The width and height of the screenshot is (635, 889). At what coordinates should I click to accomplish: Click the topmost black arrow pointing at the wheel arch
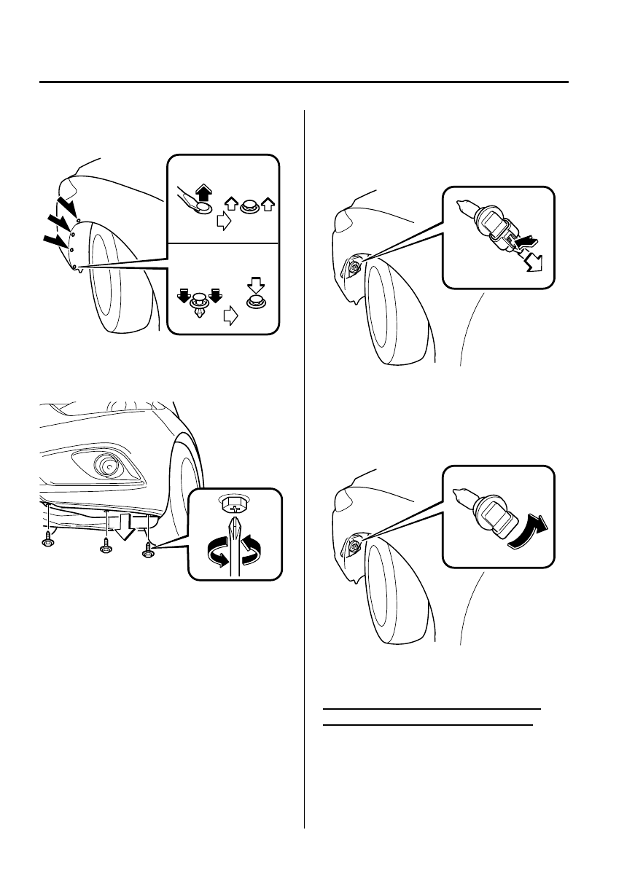tap(68, 197)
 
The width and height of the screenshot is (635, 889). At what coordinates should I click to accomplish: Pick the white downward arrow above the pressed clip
tap(255, 282)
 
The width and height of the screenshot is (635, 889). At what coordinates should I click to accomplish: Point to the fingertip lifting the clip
tap(195, 208)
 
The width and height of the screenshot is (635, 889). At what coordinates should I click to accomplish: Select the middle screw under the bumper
tap(106, 544)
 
